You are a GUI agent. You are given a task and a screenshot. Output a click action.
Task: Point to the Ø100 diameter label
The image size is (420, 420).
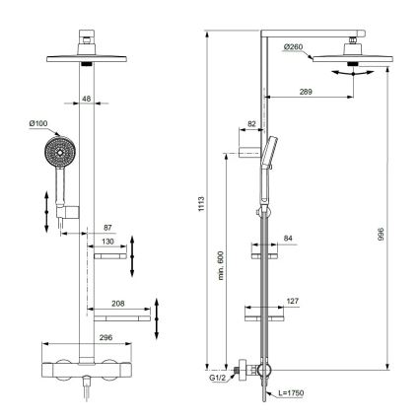click(x=38, y=124)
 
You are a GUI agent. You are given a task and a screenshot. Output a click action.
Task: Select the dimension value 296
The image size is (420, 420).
click(x=84, y=338)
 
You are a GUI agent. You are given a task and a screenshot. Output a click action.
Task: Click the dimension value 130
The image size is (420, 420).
click(x=107, y=241)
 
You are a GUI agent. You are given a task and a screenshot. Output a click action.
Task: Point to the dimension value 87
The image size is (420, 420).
click(x=106, y=228)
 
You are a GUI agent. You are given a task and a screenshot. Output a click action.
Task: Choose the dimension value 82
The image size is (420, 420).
click(x=251, y=122)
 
